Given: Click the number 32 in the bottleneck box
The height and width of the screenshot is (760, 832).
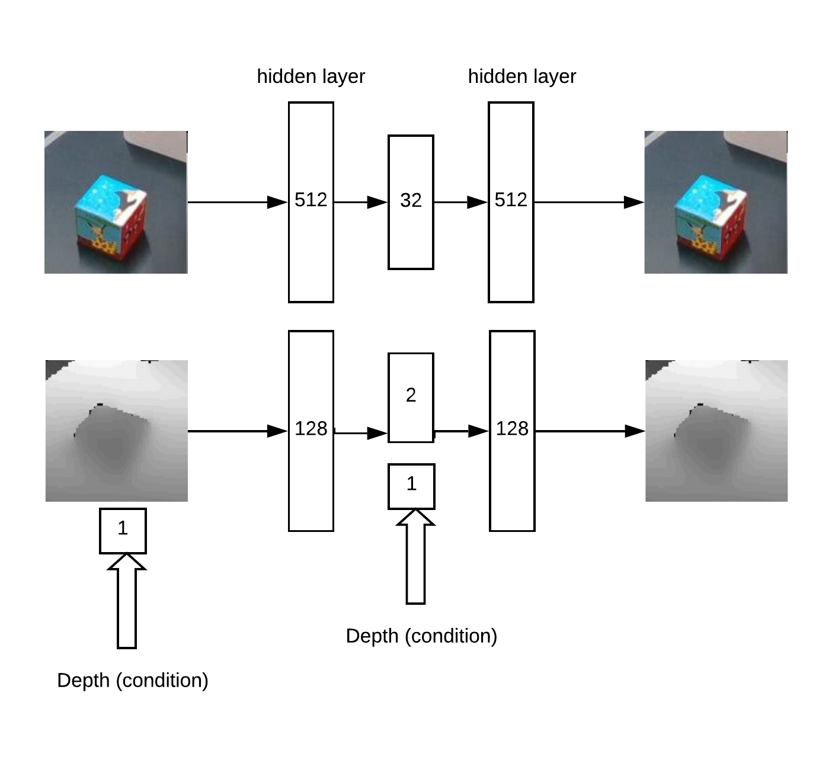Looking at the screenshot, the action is [x=411, y=200].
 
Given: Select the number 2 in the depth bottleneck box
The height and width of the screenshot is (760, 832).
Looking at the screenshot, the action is [x=411, y=395].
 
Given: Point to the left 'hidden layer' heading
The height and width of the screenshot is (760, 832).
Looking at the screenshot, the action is [x=311, y=76].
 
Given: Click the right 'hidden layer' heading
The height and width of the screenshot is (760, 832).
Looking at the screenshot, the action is [x=521, y=76].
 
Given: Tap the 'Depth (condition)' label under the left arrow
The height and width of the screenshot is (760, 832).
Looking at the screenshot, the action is [x=133, y=681].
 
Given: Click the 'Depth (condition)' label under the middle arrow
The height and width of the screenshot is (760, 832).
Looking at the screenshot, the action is [x=421, y=636].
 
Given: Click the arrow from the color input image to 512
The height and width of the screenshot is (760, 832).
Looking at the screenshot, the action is [x=238, y=203].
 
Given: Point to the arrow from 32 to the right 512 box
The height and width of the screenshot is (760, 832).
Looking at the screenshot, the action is [x=461, y=203].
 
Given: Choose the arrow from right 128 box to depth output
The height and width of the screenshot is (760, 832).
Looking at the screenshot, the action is [x=590, y=431].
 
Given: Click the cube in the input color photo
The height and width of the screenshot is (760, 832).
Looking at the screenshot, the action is [x=111, y=217].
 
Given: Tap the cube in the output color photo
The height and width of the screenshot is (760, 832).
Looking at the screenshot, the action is [x=711, y=217].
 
